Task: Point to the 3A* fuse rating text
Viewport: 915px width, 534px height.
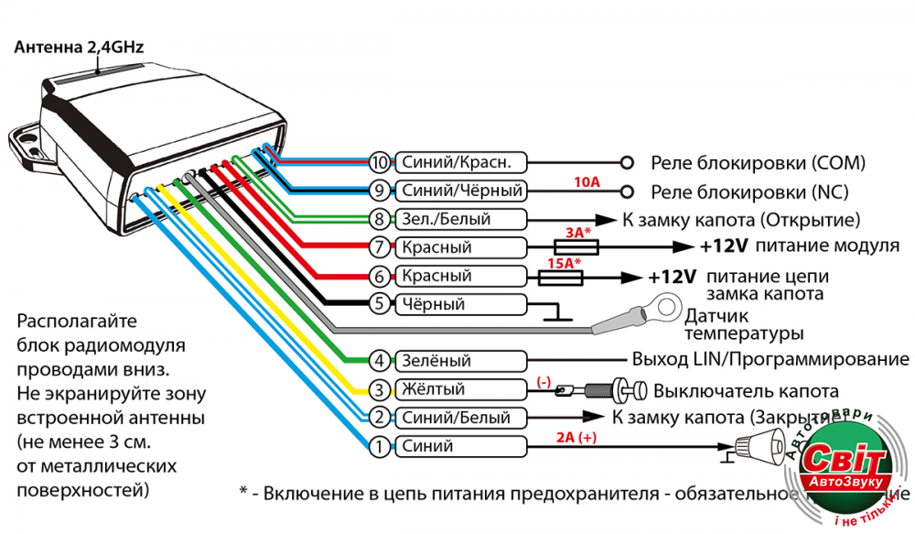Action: (576, 234)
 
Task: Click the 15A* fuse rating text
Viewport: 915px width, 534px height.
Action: (564, 263)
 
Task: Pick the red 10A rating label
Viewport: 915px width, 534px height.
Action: (587, 182)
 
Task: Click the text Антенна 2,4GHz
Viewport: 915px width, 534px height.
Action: (79, 46)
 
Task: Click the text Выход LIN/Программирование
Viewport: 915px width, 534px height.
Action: (770, 359)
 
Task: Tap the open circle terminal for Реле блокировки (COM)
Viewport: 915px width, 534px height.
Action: (627, 163)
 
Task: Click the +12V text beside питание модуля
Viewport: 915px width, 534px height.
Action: (724, 247)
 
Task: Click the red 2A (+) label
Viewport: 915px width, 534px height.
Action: (576, 438)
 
